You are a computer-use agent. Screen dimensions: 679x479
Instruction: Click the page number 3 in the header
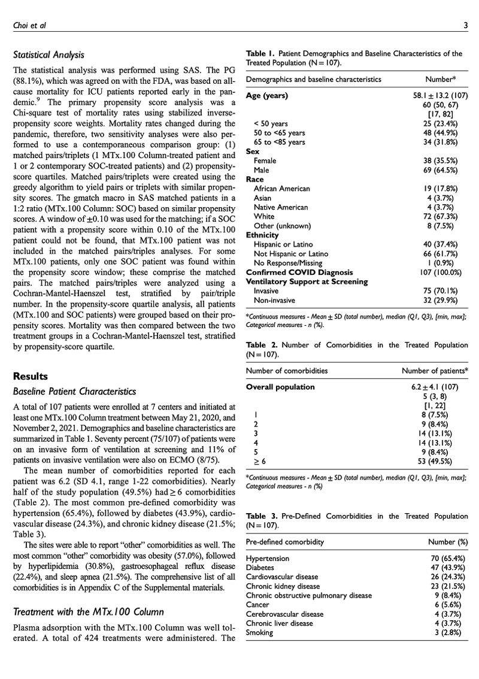click(x=465, y=25)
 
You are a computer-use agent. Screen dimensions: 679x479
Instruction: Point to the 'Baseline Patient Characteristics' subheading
click(x=74, y=392)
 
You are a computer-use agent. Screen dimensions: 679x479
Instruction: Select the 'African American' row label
click(x=282, y=189)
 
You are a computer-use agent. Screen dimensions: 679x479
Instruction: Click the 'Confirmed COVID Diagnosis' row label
click(x=299, y=272)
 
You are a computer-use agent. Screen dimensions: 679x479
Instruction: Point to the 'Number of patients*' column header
click(x=435, y=371)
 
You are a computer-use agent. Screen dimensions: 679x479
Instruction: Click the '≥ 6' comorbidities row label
click(x=259, y=462)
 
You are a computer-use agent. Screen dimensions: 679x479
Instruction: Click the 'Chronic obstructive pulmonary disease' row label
click(x=309, y=595)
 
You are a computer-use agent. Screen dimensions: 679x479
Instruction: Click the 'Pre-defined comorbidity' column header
click(x=285, y=542)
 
